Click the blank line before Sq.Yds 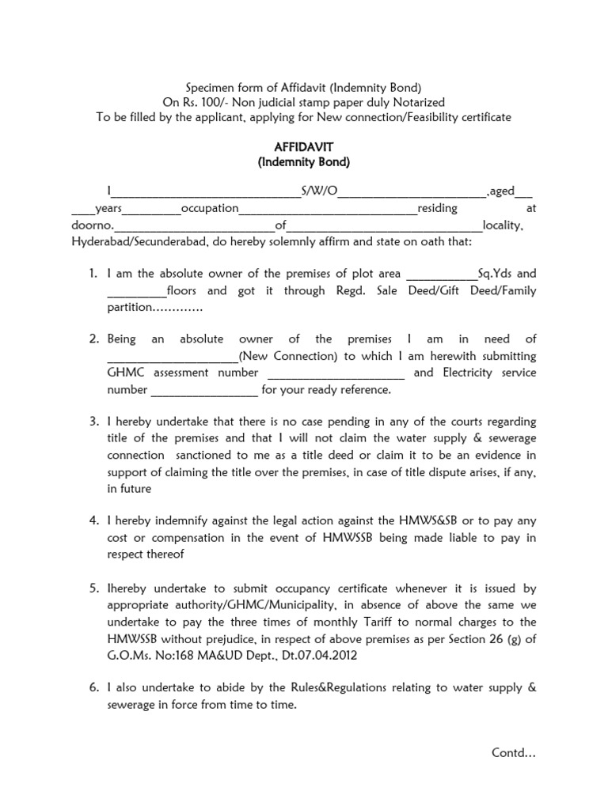[441, 274]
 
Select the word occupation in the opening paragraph [210, 208]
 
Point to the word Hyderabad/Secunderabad [140, 241]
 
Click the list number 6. [93, 688]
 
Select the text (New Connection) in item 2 [287, 356]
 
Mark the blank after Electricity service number [203, 390]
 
